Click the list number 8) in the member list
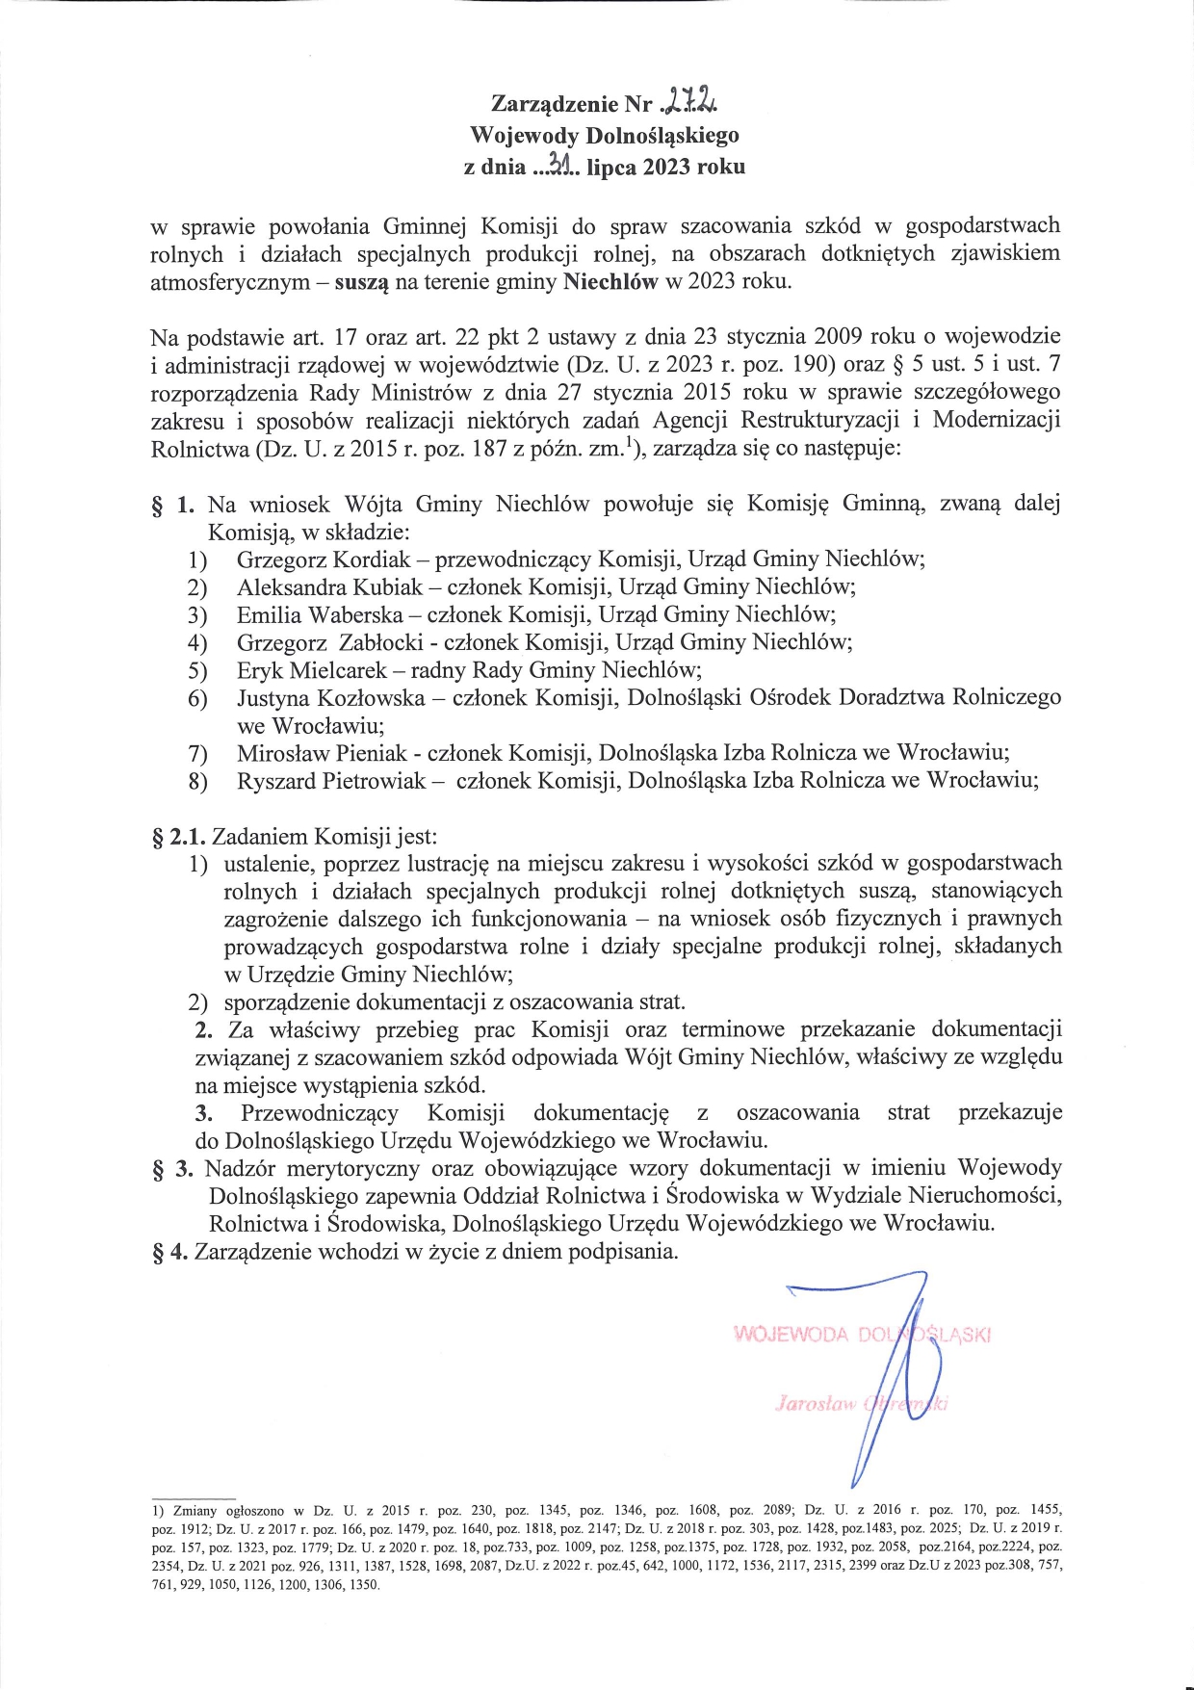197,781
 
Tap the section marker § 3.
173,1169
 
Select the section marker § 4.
169,1252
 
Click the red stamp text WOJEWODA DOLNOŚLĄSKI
862,1335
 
